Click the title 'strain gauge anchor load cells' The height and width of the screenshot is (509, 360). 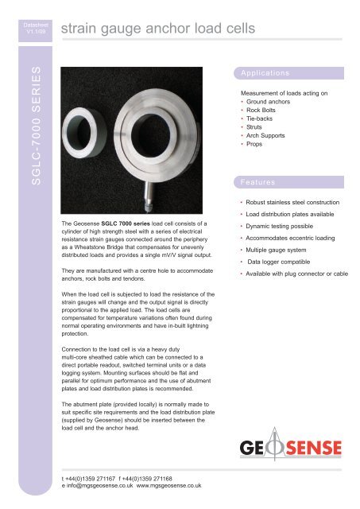pyautogui.click(x=158, y=30)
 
